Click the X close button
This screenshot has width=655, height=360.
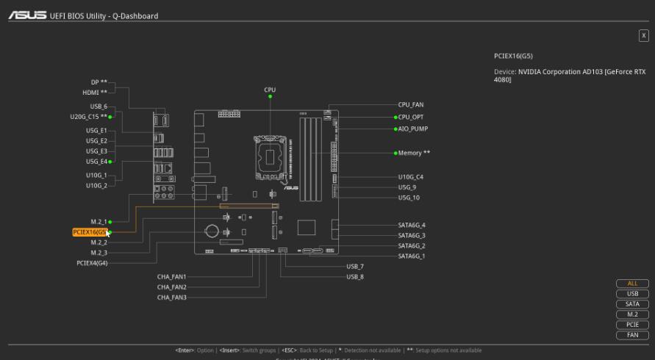click(x=644, y=35)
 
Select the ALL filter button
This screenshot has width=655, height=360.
click(x=632, y=284)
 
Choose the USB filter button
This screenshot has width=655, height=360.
click(x=632, y=294)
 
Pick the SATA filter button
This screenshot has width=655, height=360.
click(x=632, y=304)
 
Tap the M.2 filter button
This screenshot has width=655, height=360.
click(x=632, y=314)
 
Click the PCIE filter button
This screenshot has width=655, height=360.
click(x=632, y=325)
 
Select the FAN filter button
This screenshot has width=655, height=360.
click(x=632, y=335)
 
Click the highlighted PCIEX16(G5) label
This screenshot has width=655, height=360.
click(x=90, y=232)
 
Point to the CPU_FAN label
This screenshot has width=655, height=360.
click(x=410, y=105)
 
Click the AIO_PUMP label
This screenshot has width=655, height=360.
click(x=412, y=129)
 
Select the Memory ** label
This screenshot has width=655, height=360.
click(x=414, y=153)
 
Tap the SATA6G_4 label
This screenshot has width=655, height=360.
click(x=412, y=225)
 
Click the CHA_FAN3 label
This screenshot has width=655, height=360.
click(x=171, y=298)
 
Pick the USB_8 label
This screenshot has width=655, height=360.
click(x=355, y=277)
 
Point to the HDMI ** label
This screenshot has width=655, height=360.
click(x=94, y=93)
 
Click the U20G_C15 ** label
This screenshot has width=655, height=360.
click(x=89, y=117)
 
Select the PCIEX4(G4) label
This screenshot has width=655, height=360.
click(x=92, y=262)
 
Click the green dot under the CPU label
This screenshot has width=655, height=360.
click(x=270, y=96)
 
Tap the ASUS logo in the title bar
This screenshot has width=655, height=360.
click(x=27, y=15)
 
